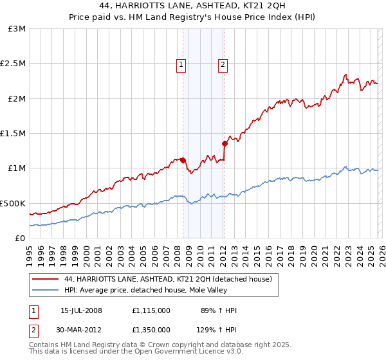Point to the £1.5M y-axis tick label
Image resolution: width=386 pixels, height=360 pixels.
click(14, 134)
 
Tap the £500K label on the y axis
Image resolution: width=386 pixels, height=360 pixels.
click(14, 203)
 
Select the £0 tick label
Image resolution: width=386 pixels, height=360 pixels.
click(20, 238)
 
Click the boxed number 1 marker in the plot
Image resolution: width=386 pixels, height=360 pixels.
click(181, 64)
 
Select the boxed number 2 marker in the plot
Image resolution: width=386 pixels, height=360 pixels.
click(223, 64)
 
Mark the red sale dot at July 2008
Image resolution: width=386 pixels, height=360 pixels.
click(183, 160)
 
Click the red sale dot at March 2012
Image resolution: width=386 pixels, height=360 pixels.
click(225, 143)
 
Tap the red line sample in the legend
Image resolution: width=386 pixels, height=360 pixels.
click(46, 279)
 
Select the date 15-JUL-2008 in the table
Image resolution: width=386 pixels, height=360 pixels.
click(82, 310)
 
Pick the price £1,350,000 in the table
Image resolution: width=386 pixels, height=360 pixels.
click(151, 329)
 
